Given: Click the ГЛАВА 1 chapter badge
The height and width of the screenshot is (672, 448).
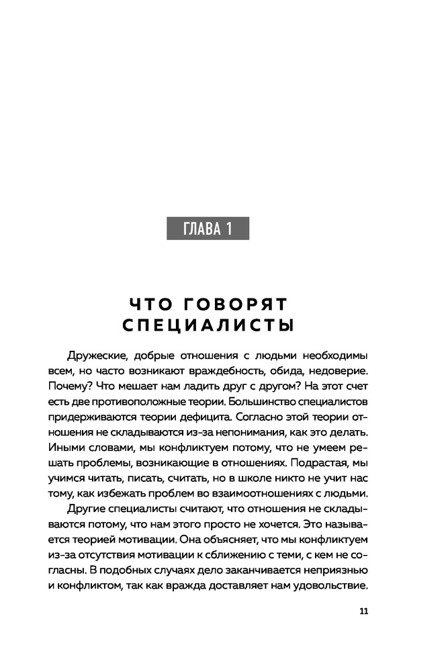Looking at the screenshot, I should (208, 229).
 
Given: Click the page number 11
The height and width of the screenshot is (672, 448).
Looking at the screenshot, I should (365, 611).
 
